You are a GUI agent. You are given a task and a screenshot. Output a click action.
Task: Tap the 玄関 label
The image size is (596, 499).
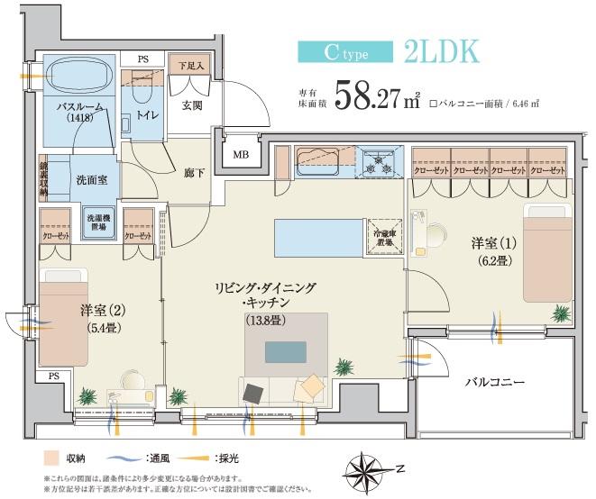192,106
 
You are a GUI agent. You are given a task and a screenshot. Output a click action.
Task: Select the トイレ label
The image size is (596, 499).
150,115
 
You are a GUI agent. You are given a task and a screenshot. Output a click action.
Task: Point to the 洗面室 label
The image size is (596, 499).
92,179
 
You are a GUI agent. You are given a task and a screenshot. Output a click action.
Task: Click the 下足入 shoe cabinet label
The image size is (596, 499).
190,66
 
